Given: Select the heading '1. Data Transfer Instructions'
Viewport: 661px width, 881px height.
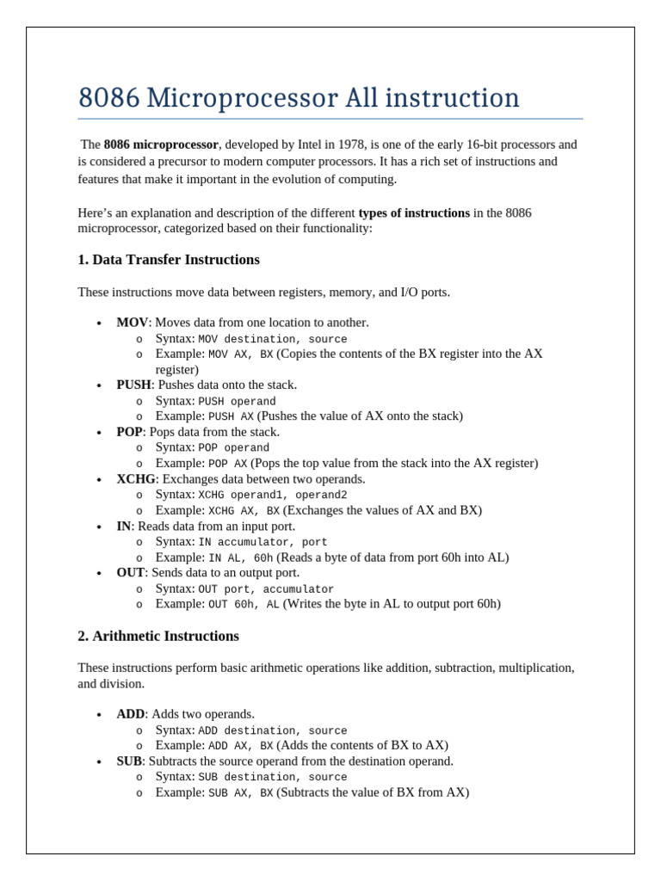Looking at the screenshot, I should [x=169, y=260].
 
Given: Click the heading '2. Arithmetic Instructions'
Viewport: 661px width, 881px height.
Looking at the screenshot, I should [x=158, y=637].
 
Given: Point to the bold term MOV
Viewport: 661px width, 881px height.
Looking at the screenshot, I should [x=133, y=323].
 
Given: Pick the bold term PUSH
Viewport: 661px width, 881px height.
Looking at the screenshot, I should [x=134, y=385].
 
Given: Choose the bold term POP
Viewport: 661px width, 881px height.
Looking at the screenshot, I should [x=129, y=432].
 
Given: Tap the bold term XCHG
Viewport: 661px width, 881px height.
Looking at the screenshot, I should [x=136, y=479].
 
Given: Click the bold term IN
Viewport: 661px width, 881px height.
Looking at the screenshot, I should [x=124, y=527].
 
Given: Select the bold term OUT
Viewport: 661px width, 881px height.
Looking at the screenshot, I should [x=131, y=573].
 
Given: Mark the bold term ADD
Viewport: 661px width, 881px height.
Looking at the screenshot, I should [x=131, y=715].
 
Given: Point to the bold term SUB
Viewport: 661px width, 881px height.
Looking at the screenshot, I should [x=129, y=761].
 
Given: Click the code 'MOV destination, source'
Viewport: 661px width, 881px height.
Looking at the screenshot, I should [x=273, y=339].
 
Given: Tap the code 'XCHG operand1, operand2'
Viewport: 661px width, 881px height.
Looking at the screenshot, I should [x=273, y=496].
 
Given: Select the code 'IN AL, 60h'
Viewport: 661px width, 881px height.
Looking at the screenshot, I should [x=240, y=558].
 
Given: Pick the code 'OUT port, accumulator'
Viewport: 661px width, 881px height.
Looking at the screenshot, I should [x=266, y=589].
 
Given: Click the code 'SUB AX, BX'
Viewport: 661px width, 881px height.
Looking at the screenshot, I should [x=240, y=793].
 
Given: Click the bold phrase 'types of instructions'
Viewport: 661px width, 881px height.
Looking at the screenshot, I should [x=414, y=213].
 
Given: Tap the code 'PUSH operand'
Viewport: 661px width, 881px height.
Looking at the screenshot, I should [x=237, y=402].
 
